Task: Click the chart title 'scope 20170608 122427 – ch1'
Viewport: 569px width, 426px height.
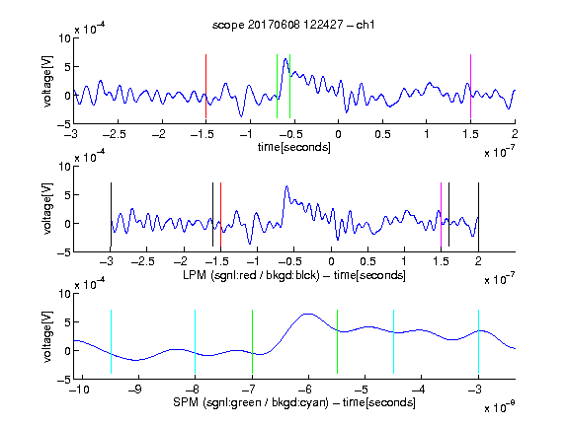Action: click(293, 25)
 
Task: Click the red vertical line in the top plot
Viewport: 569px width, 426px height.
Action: click(205, 86)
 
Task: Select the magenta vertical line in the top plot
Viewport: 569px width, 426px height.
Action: click(470, 86)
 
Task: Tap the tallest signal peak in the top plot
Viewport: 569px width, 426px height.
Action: click(285, 59)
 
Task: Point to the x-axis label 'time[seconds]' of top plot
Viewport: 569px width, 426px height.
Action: click(294, 147)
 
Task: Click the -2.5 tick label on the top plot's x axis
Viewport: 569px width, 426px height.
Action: click(115, 134)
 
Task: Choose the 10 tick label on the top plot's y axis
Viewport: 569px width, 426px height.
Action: click(65, 38)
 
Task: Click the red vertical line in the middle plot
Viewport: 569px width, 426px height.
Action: click(220, 214)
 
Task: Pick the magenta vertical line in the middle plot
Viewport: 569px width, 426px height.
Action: click(441, 214)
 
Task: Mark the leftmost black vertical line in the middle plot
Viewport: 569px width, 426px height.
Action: click(111, 214)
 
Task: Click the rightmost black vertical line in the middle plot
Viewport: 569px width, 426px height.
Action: click(478, 214)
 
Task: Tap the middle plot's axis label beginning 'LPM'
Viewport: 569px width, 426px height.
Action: click(294, 275)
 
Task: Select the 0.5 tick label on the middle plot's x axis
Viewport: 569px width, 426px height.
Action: click(367, 261)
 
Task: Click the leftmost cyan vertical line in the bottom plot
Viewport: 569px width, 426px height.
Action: click(111, 341)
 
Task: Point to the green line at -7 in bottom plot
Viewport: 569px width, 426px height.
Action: click(252, 341)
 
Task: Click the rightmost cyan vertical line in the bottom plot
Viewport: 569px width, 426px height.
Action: click(478, 341)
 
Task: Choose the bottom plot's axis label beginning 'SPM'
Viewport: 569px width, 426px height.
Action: click(294, 402)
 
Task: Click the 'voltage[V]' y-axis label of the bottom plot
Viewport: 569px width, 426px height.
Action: click(47, 336)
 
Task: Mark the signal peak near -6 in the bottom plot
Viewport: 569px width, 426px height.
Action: click(308, 314)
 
